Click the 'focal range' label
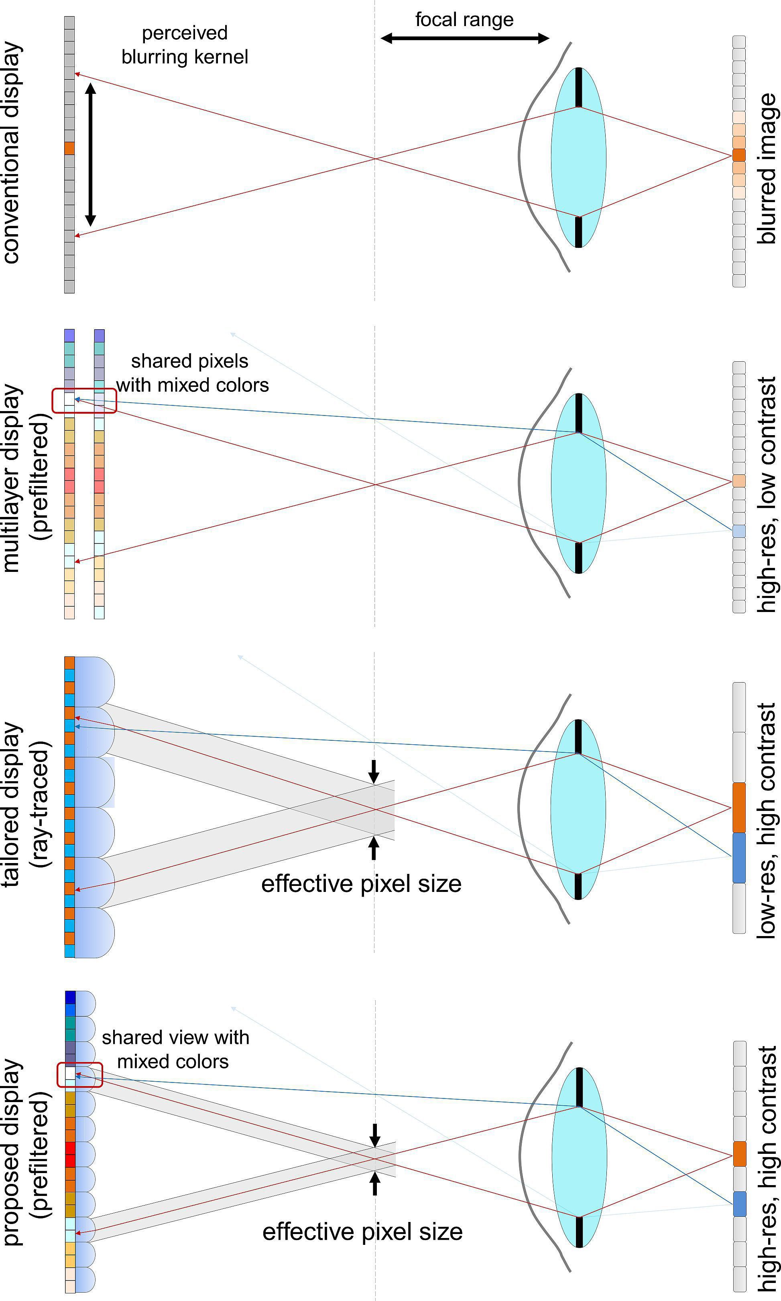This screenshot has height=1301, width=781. [464, 20]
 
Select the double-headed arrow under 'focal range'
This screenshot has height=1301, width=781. [465, 38]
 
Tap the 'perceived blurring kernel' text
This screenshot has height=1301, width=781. [185, 45]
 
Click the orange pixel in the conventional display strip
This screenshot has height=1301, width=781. [69, 148]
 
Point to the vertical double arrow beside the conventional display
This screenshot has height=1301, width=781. [91, 154]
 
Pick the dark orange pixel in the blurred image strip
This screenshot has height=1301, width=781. [739, 155]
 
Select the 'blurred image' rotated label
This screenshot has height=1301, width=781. [767, 168]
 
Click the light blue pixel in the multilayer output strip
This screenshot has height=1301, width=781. [739, 531]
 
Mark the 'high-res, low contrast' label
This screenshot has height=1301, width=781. [767, 494]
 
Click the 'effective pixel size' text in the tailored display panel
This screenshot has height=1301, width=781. [361, 884]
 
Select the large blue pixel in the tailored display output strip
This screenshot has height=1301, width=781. [739, 858]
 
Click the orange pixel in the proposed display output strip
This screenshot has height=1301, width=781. [739, 1154]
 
